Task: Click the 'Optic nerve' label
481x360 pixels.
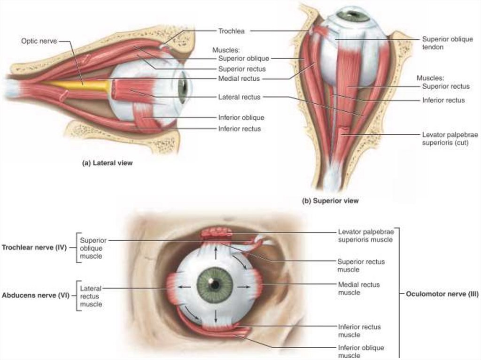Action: pyautogui.click(x=39, y=41)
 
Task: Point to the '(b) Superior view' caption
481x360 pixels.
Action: pyautogui.click(x=330, y=200)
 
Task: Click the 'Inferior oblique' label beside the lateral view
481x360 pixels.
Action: pyautogui.click(x=241, y=117)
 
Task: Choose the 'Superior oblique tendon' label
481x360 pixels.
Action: pyautogui.click(x=447, y=43)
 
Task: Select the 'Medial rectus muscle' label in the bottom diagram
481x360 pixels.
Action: pyautogui.click(x=358, y=289)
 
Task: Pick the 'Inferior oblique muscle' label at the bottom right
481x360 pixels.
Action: pyautogui.click(x=361, y=352)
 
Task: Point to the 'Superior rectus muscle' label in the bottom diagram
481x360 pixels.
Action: pyautogui.click(x=361, y=266)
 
